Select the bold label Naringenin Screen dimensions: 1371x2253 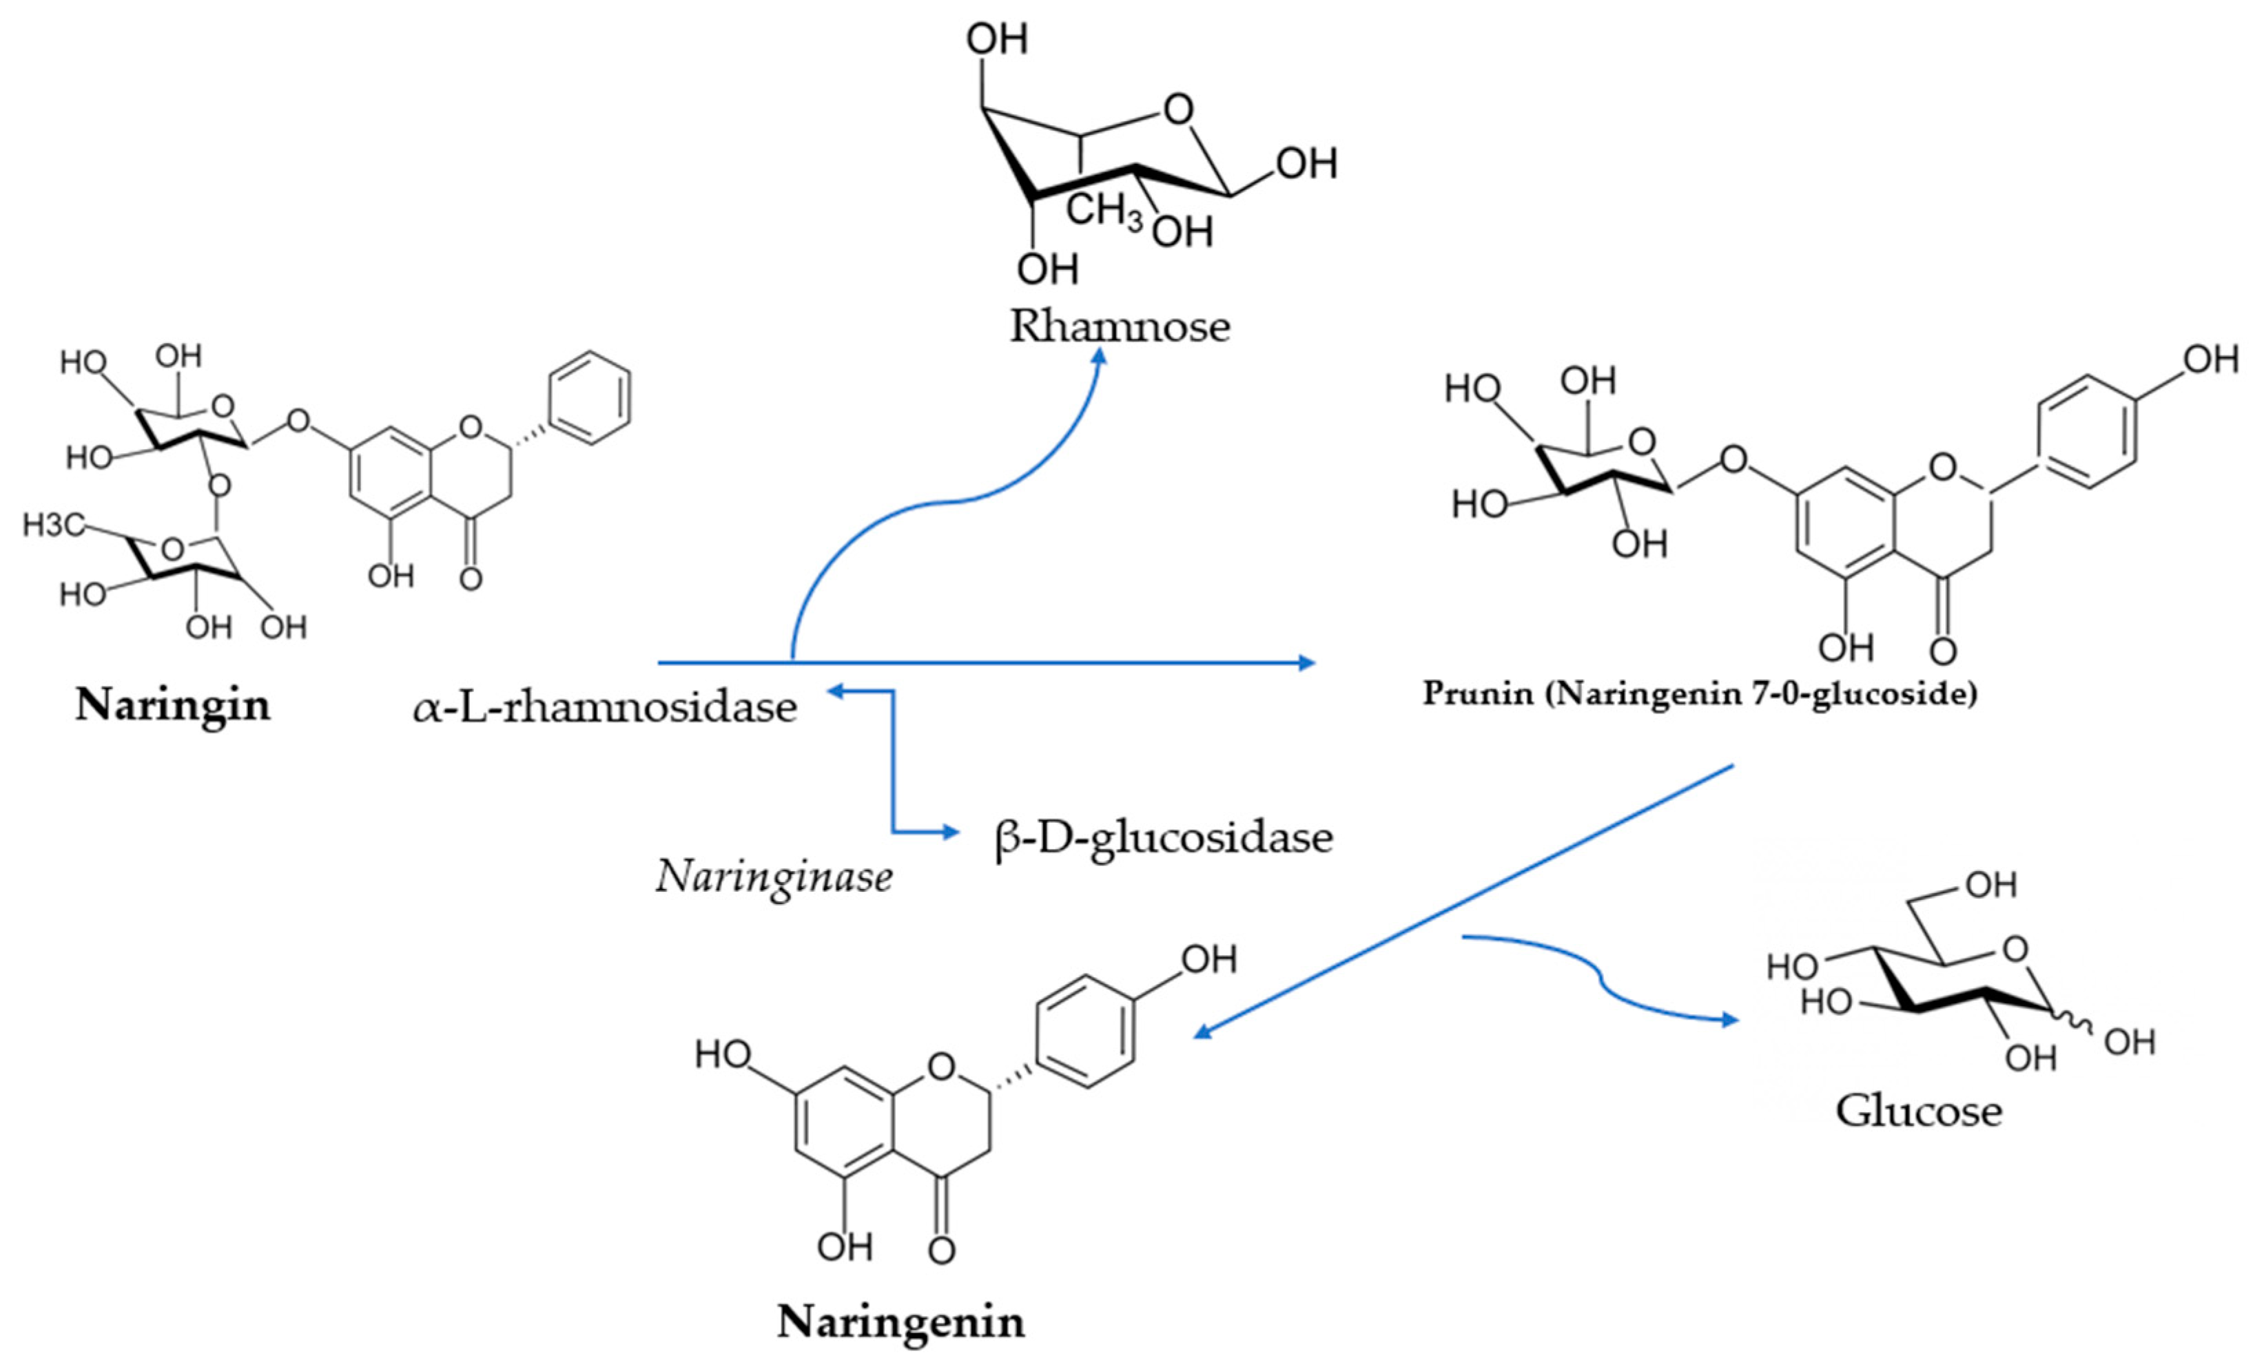(x=901, y=1321)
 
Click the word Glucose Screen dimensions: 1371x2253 (x=1918, y=1111)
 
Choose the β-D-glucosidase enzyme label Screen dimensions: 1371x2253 (x=1163, y=837)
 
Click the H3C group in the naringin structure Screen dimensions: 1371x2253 (x=53, y=525)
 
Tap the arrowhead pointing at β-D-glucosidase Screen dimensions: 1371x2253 (x=952, y=832)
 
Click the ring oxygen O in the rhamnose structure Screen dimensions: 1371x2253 (x=1179, y=111)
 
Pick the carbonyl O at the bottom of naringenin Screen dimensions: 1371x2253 (x=941, y=1249)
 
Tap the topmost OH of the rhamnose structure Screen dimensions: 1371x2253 (x=997, y=39)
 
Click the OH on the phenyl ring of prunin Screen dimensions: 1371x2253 (x=2211, y=359)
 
